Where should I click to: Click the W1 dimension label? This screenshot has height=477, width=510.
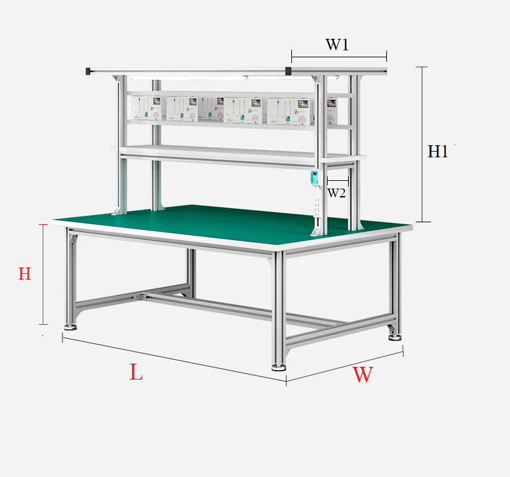point(337,45)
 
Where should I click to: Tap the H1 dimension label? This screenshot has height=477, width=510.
point(437,152)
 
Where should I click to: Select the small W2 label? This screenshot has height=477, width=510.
point(337,193)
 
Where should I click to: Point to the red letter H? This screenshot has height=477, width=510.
point(25,274)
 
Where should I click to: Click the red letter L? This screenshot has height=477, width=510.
point(136,372)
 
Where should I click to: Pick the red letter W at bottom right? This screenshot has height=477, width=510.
point(363,374)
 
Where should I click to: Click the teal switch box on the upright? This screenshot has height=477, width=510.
point(314,178)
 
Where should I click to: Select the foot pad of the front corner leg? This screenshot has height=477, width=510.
point(279,367)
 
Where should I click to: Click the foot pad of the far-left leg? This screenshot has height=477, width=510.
point(70,327)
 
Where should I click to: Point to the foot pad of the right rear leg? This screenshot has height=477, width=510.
point(395,338)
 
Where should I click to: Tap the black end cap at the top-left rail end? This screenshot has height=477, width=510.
point(88,71)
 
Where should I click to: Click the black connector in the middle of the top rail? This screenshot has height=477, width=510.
point(288,71)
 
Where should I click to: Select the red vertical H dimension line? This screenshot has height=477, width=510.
point(43,274)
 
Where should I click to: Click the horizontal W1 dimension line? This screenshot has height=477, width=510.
point(339,57)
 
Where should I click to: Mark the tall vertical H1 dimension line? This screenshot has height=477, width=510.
point(422,145)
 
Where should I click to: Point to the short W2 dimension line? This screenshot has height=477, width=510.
point(338,180)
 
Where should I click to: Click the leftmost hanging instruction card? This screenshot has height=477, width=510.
point(147,108)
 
